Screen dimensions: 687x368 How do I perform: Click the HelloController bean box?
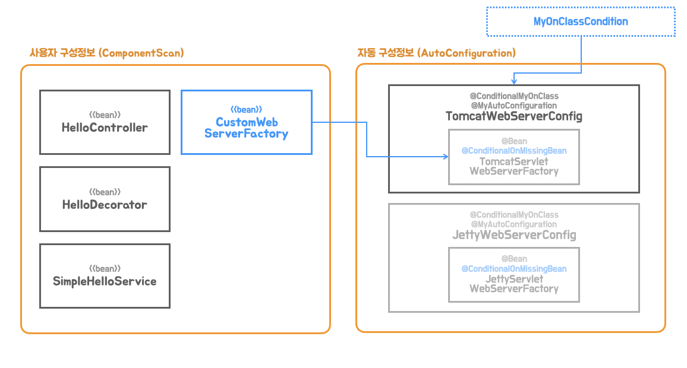pos(105,122)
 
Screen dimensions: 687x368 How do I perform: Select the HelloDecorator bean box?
pos(105,199)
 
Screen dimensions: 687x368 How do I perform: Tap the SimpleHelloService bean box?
pos(105,276)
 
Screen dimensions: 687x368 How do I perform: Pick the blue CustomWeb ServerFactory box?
pos(247,122)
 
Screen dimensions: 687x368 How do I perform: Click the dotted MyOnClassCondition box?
pos(581,21)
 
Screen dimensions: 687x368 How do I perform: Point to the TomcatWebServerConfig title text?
pos(514,116)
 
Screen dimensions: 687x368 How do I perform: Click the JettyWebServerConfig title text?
pos(514,235)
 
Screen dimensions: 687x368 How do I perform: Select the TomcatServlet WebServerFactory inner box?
pos(514,157)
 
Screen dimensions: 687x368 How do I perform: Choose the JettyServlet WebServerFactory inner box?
pos(514,275)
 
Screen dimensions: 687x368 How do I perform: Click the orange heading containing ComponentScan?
pos(106,53)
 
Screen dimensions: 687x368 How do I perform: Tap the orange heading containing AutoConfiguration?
pos(436,53)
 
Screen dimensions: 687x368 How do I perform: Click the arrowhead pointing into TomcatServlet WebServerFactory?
pos(446,156)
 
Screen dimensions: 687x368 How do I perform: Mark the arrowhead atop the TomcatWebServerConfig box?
pos(514,81)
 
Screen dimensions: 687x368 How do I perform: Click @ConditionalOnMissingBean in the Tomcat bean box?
pos(514,151)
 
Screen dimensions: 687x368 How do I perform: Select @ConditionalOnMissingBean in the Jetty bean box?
pos(514,269)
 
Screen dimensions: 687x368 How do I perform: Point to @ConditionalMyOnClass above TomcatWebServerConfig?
pos(514,96)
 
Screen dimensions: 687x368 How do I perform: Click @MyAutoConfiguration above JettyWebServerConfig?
pos(514,224)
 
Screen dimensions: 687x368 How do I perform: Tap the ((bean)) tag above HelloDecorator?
pos(105,192)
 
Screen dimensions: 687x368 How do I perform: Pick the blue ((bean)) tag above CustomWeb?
pos(246,109)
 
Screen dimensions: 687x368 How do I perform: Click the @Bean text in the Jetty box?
pos(514,259)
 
